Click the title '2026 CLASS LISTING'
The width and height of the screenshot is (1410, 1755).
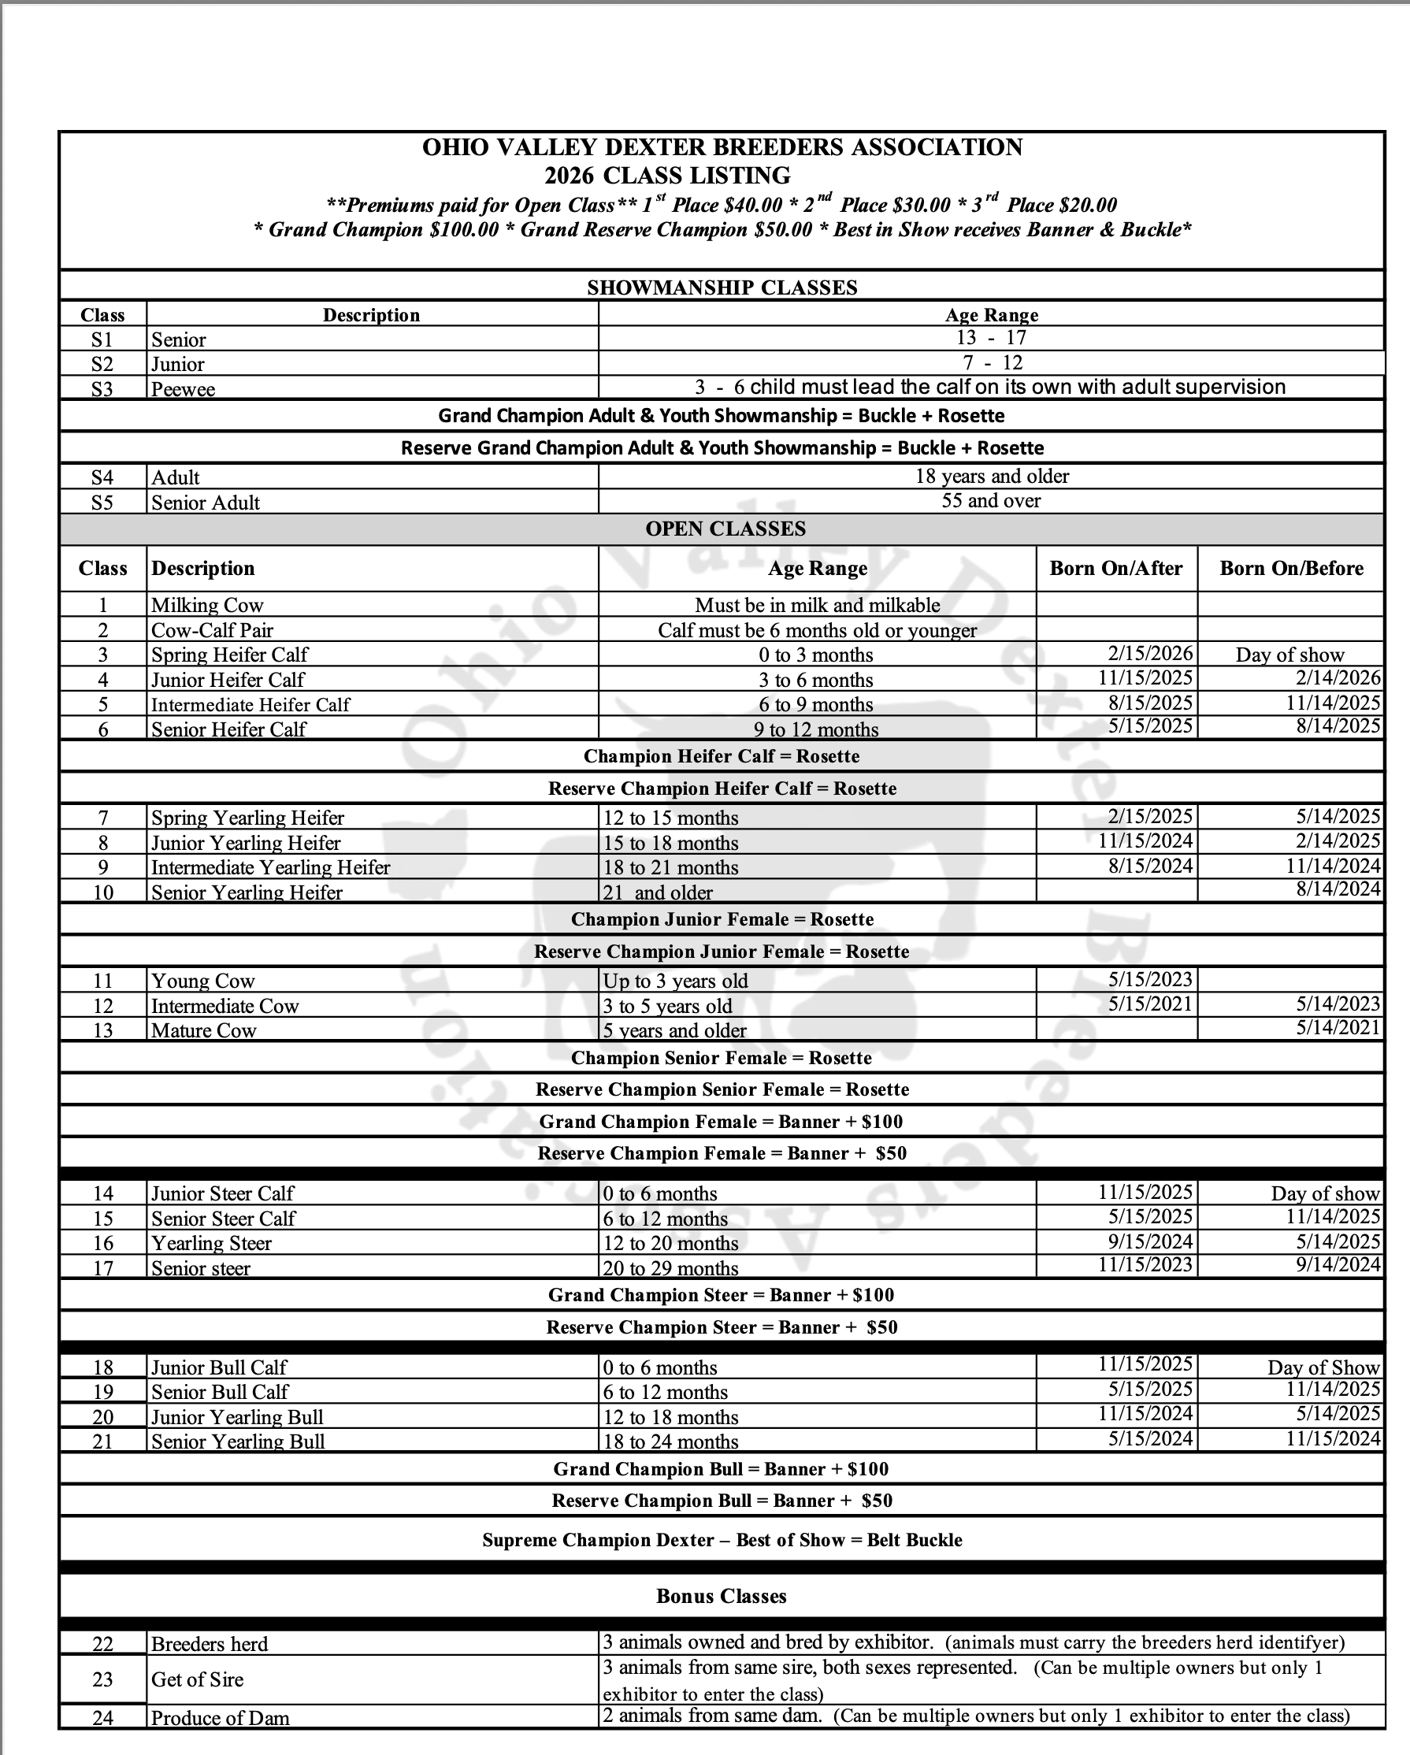click(666, 176)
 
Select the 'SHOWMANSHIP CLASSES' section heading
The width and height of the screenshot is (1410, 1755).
click(722, 288)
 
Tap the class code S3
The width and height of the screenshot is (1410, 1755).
click(102, 388)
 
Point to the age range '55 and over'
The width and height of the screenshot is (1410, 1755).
click(991, 501)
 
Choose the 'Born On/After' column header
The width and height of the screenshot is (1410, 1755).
click(1115, 568)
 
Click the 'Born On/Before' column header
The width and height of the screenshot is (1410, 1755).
click(1291, 568)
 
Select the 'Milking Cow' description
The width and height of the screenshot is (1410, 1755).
click(208, 605)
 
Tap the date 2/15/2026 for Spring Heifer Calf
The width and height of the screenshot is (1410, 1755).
click(1150, 654)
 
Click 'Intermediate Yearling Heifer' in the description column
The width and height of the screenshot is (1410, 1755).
click(270, 868)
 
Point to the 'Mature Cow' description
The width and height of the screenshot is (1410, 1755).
click(203, 1030)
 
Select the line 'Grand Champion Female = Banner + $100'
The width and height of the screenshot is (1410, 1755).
click(721, 1122)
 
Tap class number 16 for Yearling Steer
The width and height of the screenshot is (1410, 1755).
click(102, 1243)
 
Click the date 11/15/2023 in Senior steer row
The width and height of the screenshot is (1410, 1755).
click(1145, 1265)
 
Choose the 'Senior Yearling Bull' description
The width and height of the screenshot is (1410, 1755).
click(238, 1441)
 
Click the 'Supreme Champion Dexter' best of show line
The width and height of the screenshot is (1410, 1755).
click(722, 1540)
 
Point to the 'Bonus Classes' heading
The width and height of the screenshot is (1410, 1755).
click(722, 1596)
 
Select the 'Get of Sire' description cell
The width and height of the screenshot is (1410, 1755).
click(197, 1679)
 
